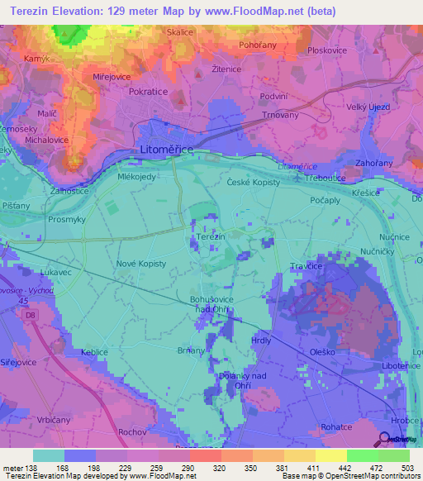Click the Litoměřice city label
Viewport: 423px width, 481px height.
pos(167,150)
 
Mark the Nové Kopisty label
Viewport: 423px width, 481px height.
pos(140,263)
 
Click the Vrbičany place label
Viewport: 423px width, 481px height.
pos(55,420)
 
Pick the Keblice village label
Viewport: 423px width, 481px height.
pos(95,352)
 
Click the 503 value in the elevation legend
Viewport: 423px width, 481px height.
pos(409,468)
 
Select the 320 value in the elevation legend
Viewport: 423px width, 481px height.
pos(220,468)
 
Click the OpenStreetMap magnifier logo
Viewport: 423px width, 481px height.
pos(386,439)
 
